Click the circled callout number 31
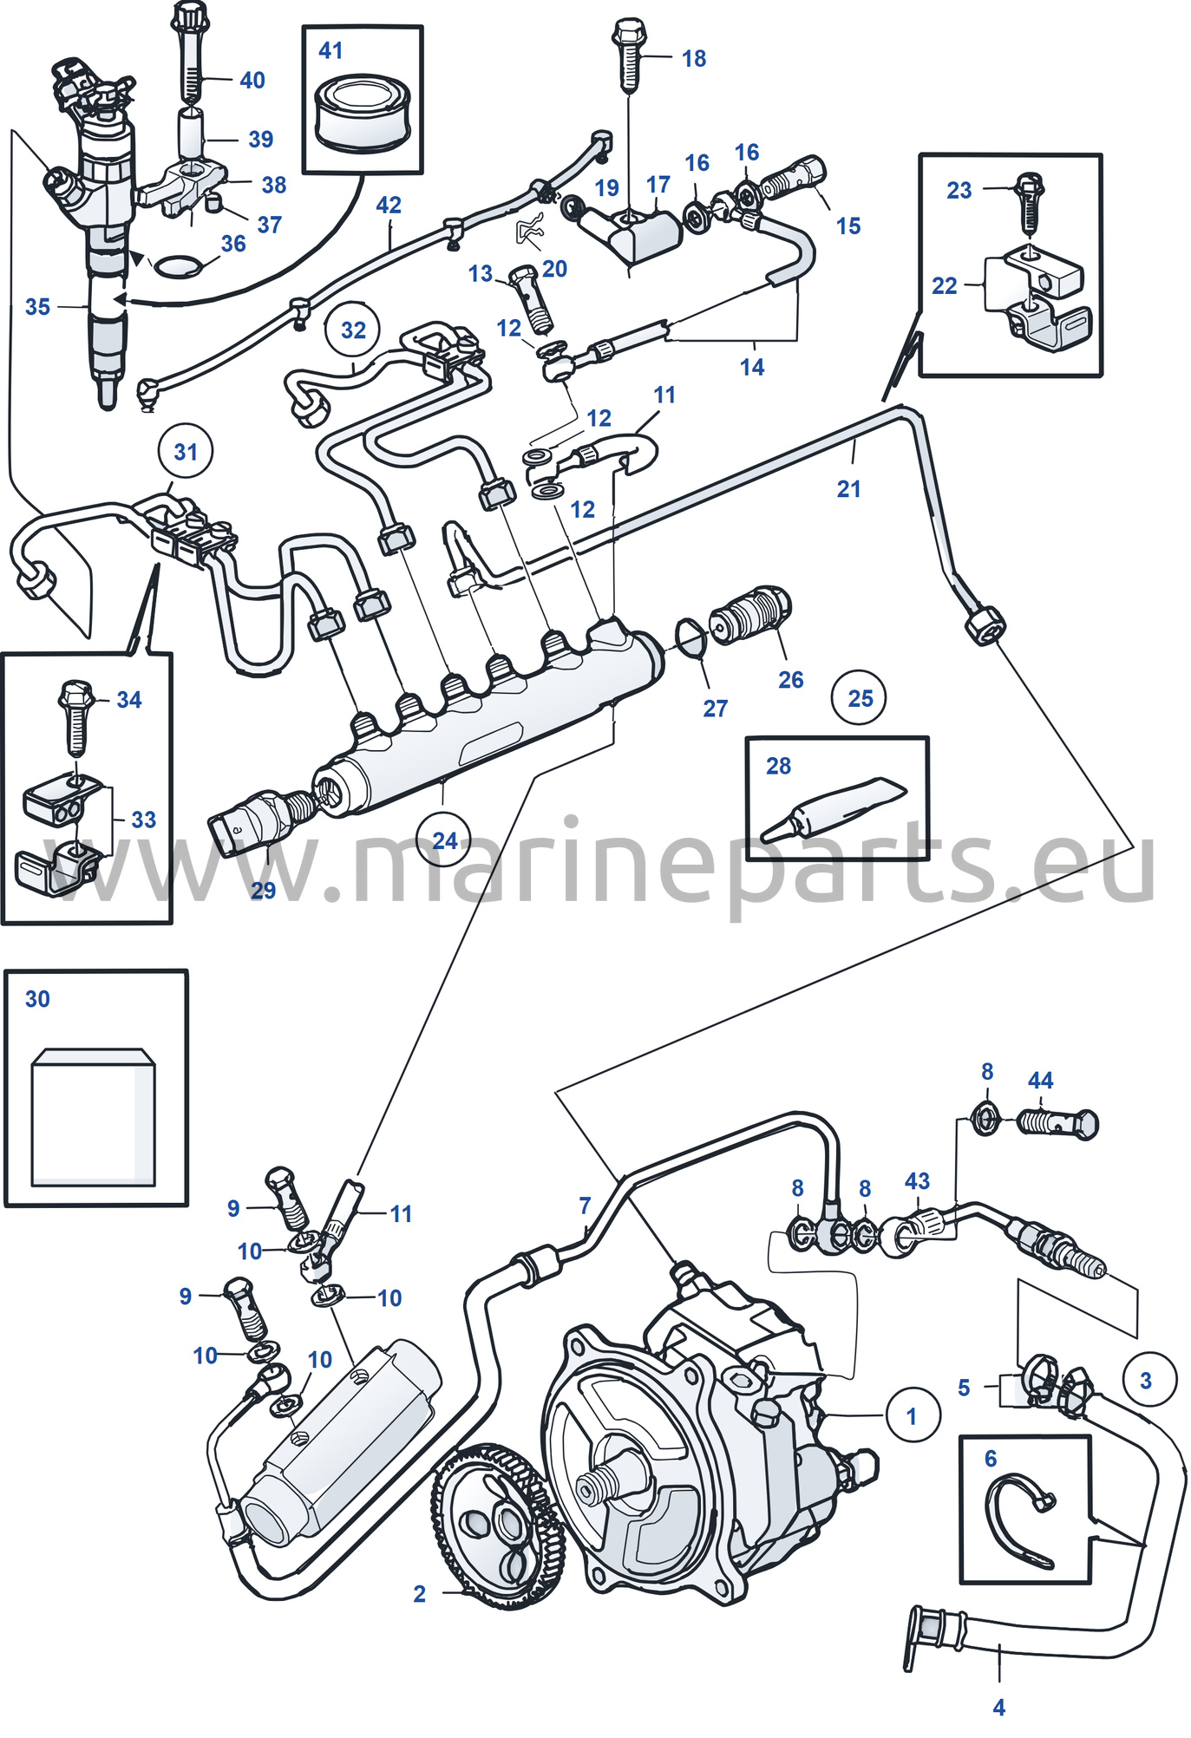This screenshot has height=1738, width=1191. point(186,451)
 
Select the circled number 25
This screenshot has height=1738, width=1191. point(859,698)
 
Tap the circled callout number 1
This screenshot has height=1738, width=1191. point(912,1415)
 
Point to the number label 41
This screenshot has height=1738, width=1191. point(330,50)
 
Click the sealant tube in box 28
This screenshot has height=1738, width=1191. point(833,810)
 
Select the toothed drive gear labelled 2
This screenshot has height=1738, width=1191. point(497,1526)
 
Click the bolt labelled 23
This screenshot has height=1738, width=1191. point(1030,204)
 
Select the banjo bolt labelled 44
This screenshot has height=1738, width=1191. point(1057,1124)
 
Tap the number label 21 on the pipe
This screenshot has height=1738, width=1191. point(848,489)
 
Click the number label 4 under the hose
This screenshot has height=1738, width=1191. point(998,1707)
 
